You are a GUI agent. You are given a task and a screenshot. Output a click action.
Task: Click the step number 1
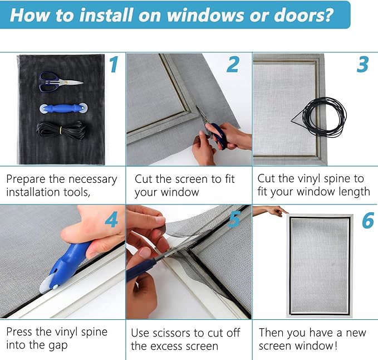click(114, 65)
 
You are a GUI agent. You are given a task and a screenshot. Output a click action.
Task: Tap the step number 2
click(233, 65)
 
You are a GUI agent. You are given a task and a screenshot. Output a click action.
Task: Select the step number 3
click(363, 65)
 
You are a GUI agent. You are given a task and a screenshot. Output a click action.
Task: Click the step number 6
click(368, 221)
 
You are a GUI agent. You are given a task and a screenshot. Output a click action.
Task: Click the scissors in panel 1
click(60, 82)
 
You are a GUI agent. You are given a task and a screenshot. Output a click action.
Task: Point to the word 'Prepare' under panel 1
click(28, 179)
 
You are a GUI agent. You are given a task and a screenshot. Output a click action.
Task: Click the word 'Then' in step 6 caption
click(273, 333)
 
